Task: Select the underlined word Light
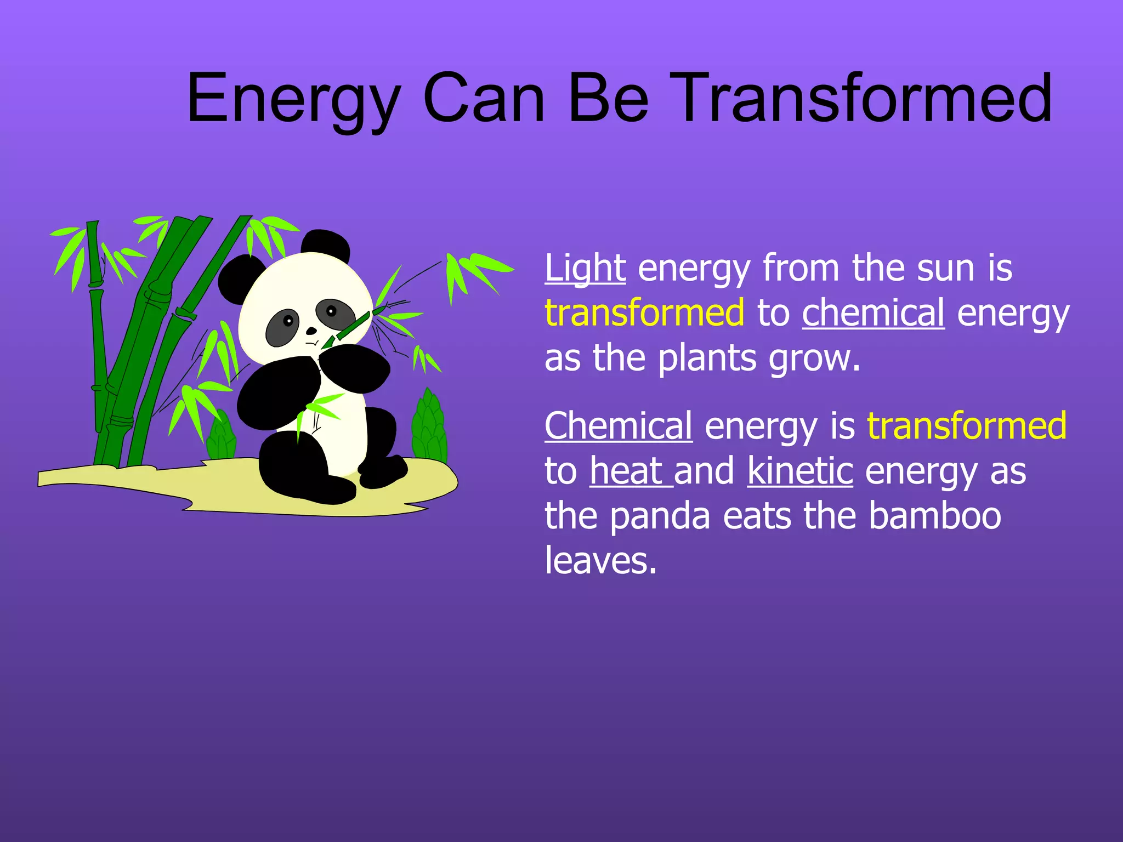[585, 269]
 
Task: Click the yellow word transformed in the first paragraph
[644, 313]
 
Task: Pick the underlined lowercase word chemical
[873, 313]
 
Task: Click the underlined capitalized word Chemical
[618, 426]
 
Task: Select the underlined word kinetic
[799, 471]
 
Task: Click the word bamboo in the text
[934, 516]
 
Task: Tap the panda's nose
[311, 331]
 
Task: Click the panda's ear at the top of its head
[326, 245]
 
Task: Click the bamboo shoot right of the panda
[429, 428]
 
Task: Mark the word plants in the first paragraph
[707, 359]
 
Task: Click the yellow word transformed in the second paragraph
[966, 426]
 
